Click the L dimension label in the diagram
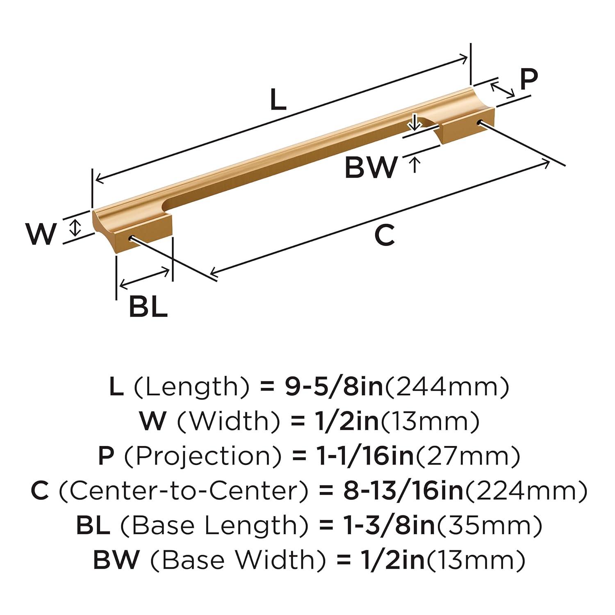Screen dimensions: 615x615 pos(278,100)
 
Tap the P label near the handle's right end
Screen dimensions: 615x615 pos(528,79)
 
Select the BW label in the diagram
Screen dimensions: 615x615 pos(371,167)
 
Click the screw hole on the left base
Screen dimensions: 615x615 pos(132,239)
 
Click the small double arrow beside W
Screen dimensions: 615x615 pos(75,227)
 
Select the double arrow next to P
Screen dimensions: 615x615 pos(503,90)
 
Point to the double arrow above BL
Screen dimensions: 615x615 pos(144,277)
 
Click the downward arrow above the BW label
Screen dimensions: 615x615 pos(415,122)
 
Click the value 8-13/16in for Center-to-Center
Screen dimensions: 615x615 pos(403,491)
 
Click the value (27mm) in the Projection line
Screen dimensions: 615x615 pos(467,456)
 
